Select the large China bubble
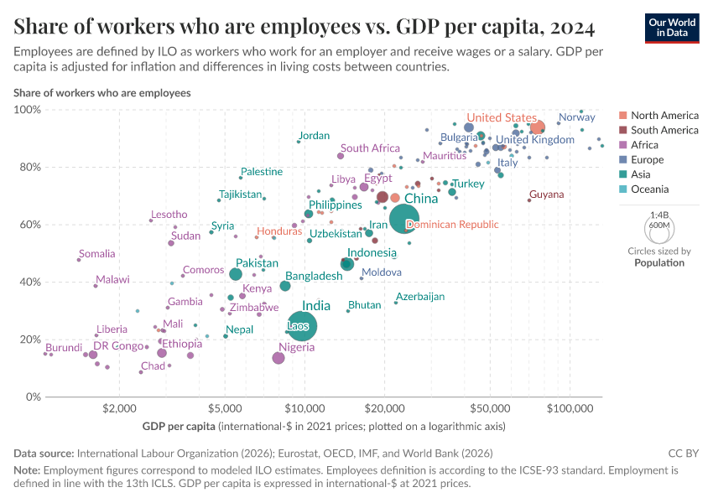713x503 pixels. pos(403,219)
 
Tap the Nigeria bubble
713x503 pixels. pos(278,358)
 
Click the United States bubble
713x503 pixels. pos(538,128)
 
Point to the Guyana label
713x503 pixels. pos(546,194)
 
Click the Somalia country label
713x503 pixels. pos(96,254)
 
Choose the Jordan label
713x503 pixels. pos(314,136)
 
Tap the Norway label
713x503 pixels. pos(576,117)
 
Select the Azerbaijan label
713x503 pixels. pos(420,297)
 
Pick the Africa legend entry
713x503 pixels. pos(646,145)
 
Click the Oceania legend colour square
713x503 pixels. pos(622,189)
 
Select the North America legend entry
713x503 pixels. pos(664,116)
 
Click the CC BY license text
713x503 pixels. pos(685,453)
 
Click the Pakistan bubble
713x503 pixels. pos(236,274)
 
